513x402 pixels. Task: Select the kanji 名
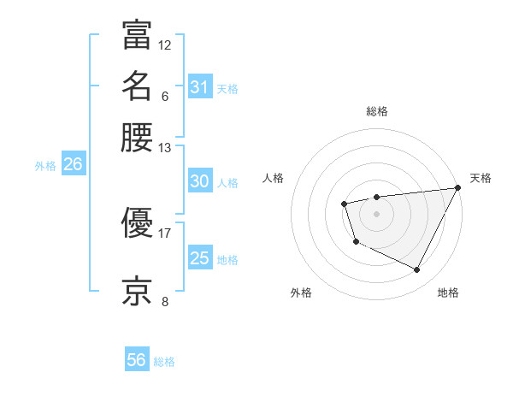137,86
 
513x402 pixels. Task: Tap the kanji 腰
137,137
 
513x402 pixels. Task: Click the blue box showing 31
200,86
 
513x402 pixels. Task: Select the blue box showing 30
200,181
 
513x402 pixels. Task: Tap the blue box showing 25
200,258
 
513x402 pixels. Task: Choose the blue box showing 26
73,165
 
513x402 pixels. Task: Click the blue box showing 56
137,360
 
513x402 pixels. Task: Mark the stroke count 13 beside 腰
164,148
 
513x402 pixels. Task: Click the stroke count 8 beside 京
164,301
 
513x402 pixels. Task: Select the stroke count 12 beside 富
164,44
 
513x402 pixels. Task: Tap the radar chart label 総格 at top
377,111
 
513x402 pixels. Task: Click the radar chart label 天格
481,178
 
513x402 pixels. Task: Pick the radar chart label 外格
301,293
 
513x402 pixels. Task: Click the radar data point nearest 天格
457,188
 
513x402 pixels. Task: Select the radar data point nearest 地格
417,270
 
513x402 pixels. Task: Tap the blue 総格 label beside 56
164,362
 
